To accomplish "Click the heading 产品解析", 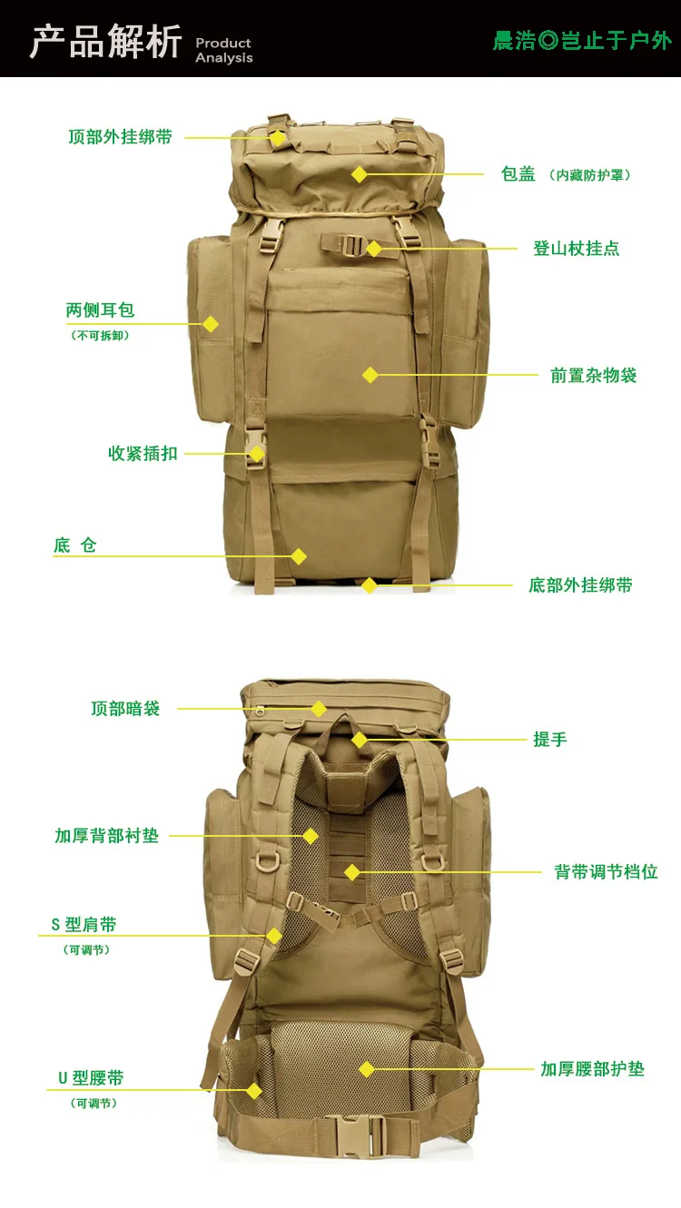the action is pyautogui.click(x=105, y=42).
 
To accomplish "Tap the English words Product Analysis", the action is pyautogui.click(x=224, y=50).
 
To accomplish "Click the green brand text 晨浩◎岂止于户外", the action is pyautogui.click(x=582, y=41).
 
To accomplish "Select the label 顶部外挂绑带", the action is pyautogui.click(x=121, y=137).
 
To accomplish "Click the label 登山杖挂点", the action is pyautogui.click(x=577, y=249).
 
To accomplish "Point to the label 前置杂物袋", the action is pyautogui.click(x=594, y=376).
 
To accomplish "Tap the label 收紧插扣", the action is pyautogui.click(x=143, y=454).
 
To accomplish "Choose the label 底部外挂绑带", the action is pyautogui.click(x=580, y=585).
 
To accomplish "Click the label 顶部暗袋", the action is pyautogui.click(x=125, y=709).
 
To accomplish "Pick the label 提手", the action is pyautogui.click(x=550, y=740).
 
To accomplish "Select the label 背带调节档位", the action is pyautogui.click(x=606, y=872).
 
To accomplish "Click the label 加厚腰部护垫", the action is pyautogui.click(x=593, y=1069).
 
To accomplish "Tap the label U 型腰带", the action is pyautogui.click(x=91, y=1078).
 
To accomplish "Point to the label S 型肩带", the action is pyautogui.click(x=84, y=924).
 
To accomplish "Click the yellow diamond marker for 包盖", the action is pyautogui.click(x=360, y=174).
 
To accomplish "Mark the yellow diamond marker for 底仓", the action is pyautogui.click(x=299, y=556).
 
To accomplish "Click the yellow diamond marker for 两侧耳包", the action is pyautogui.click(x=211, y=324).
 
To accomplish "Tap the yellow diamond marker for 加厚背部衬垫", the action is pyautogui.click(x=311, y=837).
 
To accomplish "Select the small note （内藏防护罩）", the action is pyautogui.click(x=590, y=175).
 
